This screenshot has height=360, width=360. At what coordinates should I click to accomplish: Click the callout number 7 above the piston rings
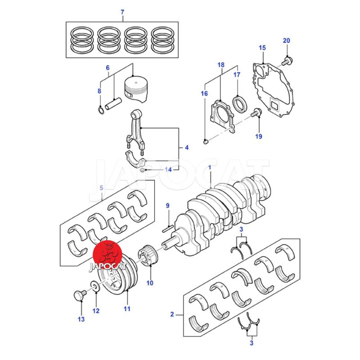(x=122, y=12)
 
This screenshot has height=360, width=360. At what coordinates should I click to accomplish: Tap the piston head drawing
(x=136, y=89)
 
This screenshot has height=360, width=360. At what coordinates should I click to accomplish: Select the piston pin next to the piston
(x=113, y=104)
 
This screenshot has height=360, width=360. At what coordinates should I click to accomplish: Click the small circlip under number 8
(x=100, y=110)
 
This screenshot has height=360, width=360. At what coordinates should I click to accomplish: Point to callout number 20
(x=286, y=40)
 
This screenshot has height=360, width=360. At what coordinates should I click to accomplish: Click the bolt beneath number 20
(x=287, y=61)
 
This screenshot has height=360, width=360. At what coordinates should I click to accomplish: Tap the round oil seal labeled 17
(x=240, y=105)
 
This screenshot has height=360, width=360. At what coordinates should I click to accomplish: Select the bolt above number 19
(x=256, y=112)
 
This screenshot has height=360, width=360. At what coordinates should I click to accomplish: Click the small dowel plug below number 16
(x=206, y=142)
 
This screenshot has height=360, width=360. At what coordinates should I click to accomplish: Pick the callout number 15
(x=262, y=48)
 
